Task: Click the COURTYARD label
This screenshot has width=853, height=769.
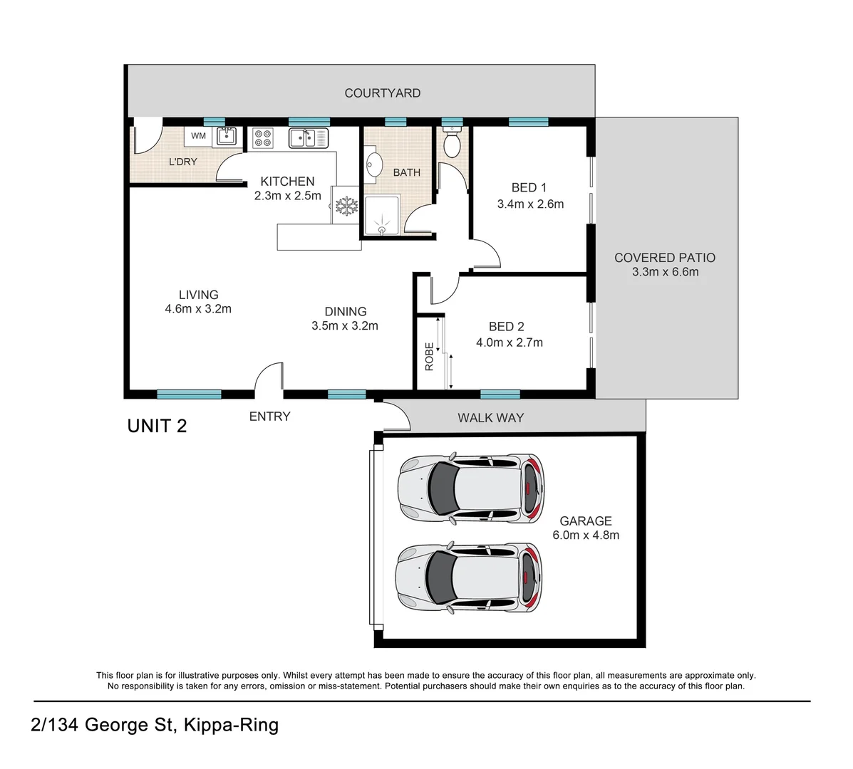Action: [x=383, y=93]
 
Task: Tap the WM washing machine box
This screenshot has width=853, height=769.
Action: [x=199, y=136]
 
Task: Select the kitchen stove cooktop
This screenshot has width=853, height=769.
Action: [x=263, y=138]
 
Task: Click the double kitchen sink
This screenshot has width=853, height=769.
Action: [x=309, y=138]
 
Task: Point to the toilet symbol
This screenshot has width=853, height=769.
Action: [x=452, y=142]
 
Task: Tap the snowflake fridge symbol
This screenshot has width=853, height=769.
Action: [x=346, y=206]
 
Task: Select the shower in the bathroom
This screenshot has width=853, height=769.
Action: [x=383, y=216]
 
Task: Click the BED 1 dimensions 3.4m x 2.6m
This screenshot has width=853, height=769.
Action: [x=530, y=204]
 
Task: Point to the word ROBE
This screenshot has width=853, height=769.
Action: [x=429, y=357]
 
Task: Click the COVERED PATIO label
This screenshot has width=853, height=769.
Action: [x=665, y=258]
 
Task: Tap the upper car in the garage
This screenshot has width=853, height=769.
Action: [x=471, y=488]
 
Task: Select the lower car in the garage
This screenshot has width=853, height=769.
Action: [x=470, y=578]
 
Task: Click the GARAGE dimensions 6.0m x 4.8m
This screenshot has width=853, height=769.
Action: [x=586, y=535]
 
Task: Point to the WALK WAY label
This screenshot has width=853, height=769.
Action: [x=491, y=418]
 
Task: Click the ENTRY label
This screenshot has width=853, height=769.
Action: [x=270, y=417]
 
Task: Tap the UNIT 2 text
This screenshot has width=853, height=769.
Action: [x=157, y=426]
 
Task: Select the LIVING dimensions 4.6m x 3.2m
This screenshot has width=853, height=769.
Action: [x=199, y=309]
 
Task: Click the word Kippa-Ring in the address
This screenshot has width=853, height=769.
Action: [x=231, y=725]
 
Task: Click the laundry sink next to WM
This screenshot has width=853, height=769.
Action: [x=227, y=136]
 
